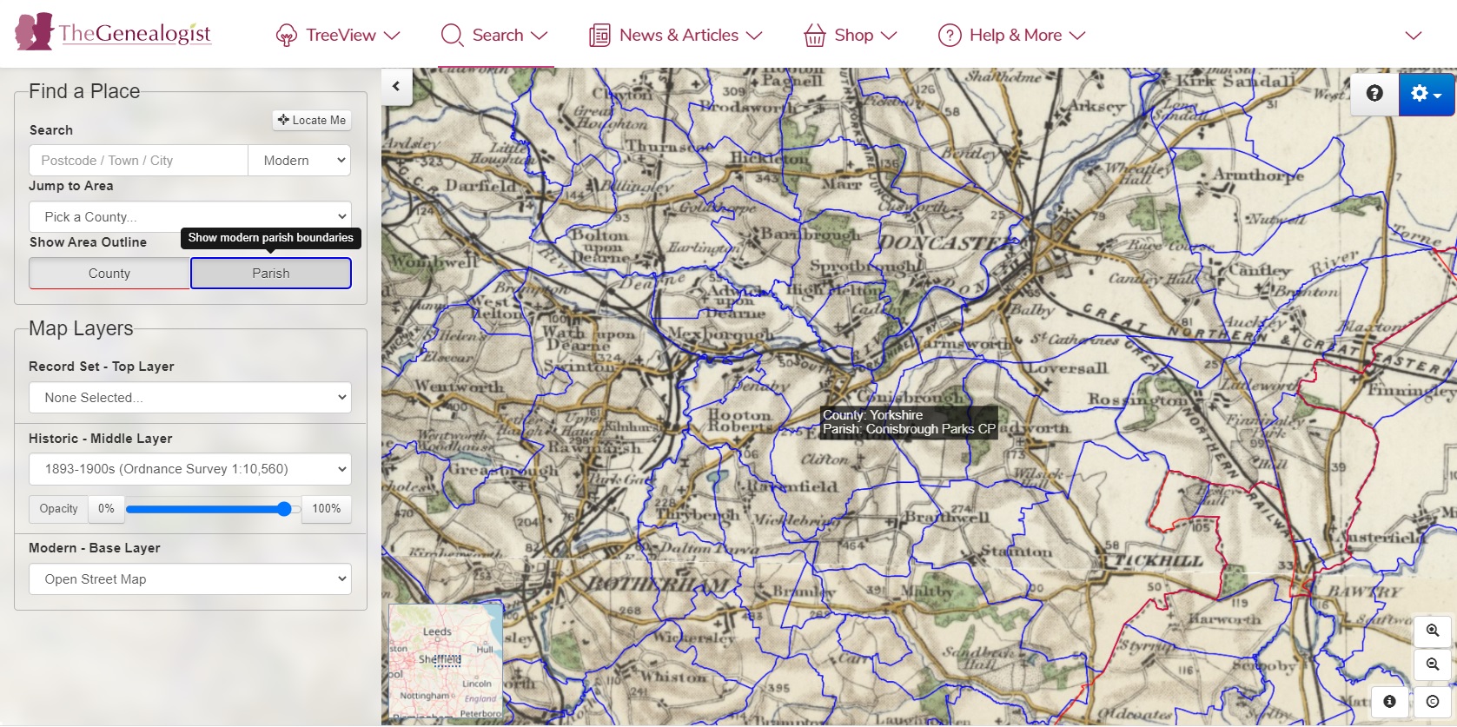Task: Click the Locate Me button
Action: (x=312, y=120)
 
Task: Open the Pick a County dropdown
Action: (x=190, y=216)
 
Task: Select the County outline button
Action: (x=109, y=274)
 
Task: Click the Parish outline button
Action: (x=271, y=274)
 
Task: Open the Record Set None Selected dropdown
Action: (x=190, y=398)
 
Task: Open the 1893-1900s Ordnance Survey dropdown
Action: (x=190, y=469)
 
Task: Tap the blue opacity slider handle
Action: (x=284, y=509)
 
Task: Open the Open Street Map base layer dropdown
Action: (x=190, y=579)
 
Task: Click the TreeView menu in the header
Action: (x=338, y=36)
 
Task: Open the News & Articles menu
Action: (x=676, y=36)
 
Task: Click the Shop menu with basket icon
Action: (x=851, y=36)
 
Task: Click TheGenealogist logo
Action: (x=114, y=33)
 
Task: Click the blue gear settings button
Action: (x=1426, y=94)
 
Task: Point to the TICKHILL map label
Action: (x=1158, y=561)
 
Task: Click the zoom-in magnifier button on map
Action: (x=1433, y=631)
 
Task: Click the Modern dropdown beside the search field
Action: (x=300, y=161)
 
